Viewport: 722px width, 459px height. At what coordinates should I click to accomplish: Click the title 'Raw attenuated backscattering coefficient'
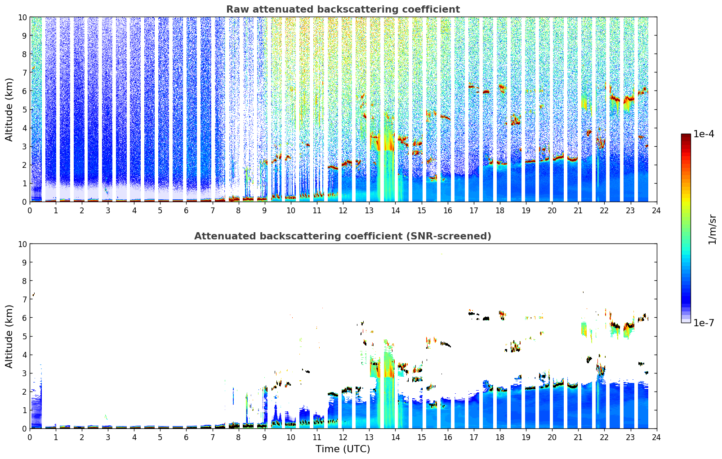click(343, 9)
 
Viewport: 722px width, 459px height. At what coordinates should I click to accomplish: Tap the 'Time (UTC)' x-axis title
click(343, 449)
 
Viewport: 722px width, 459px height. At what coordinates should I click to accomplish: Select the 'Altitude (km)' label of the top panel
click(9, 109)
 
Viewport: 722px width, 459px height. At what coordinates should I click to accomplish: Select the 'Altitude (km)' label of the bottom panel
click(9, 336)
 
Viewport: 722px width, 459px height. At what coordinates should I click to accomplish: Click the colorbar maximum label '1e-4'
click(704, 134)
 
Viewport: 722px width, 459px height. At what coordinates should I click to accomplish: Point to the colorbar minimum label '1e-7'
click(704, 323)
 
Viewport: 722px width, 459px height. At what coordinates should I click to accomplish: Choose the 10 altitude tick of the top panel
click(22, 17)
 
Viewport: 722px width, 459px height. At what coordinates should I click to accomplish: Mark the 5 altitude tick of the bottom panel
click(24, 336)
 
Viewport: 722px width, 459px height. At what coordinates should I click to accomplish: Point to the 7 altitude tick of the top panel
click(24, 72)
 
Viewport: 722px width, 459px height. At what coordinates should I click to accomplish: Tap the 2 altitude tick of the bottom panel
click(24, 391)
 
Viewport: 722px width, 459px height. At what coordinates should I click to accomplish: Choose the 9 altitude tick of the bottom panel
click(24, 262)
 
